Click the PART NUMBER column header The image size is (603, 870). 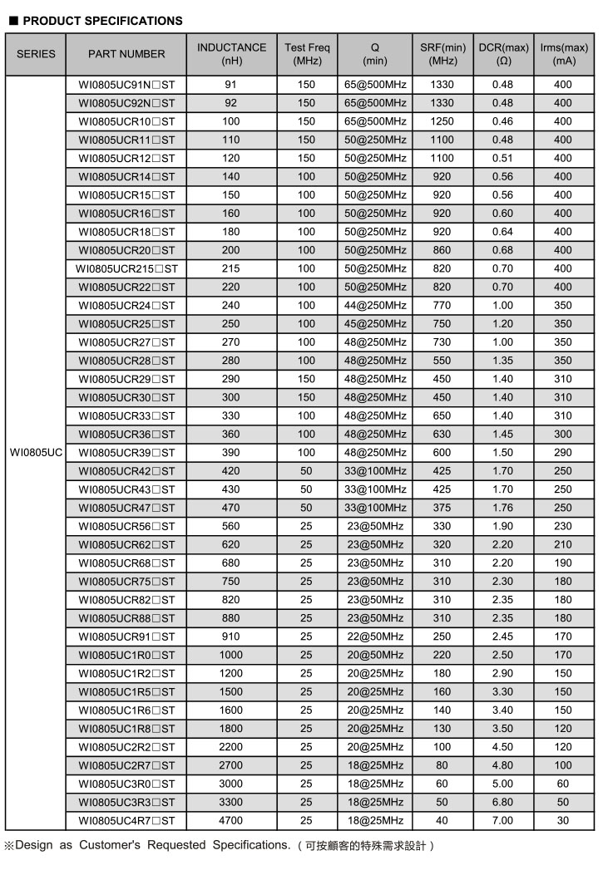point(126,54)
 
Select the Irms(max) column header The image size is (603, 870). point(563,54)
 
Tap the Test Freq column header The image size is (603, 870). point(306,54)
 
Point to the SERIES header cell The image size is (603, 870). point(36,54)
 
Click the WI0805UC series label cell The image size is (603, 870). point(36,453)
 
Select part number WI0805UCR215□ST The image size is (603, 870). point(126,268)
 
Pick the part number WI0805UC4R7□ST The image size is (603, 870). point(126,821)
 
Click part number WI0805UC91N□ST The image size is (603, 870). point(126,85)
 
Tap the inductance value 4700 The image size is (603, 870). point(231,821)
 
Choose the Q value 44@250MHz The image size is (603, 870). point(375,305)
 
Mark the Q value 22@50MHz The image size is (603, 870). point(375,637)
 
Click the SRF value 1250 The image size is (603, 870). point(442,121)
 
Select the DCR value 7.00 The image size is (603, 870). point(502,821)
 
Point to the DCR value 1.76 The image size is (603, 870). point(502,508)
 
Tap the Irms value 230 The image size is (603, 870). point(563,526)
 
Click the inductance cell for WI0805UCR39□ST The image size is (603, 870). point(231,453)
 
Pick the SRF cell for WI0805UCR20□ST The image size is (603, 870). point(442,250)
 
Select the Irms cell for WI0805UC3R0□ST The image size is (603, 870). point(563,784)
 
